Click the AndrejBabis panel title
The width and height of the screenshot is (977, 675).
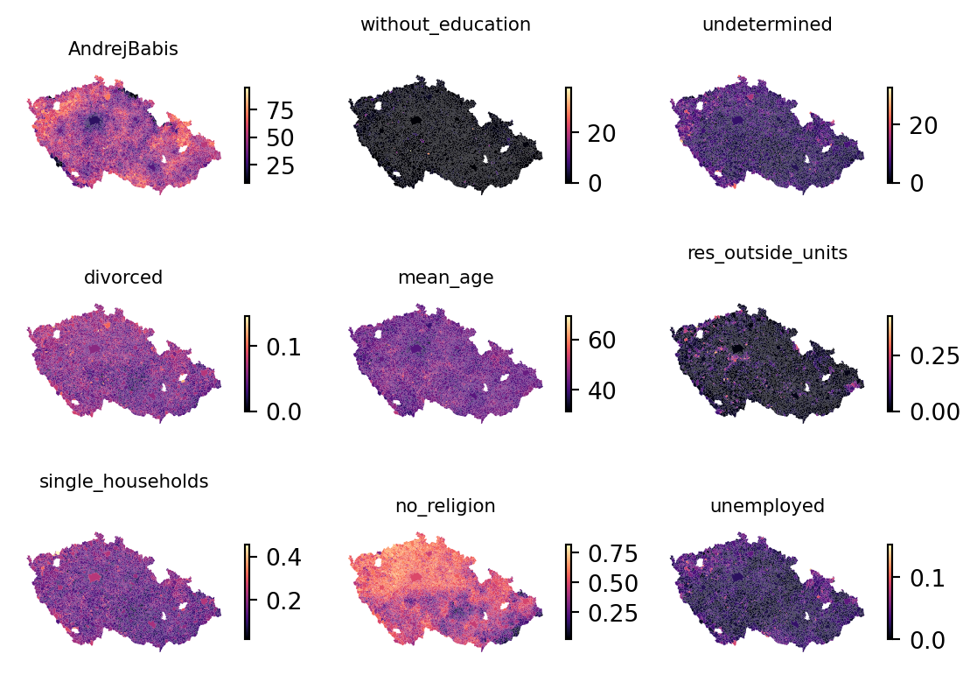click(x=123, y=50)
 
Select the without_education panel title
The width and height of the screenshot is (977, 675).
click(x=445, y=25)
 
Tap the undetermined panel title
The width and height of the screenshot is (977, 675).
click(x=767, y=25)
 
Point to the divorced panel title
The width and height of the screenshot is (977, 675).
click(x=123, y=278)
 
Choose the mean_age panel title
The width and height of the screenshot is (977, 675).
click(x=445, y=278)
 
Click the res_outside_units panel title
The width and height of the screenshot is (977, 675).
click(x=767, y=253)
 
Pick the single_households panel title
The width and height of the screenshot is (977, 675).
click(x=123, y=482)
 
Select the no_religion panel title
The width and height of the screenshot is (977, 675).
click(x=445, y=506)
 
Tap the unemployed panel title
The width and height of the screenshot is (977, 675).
click(x=767, y=506)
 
